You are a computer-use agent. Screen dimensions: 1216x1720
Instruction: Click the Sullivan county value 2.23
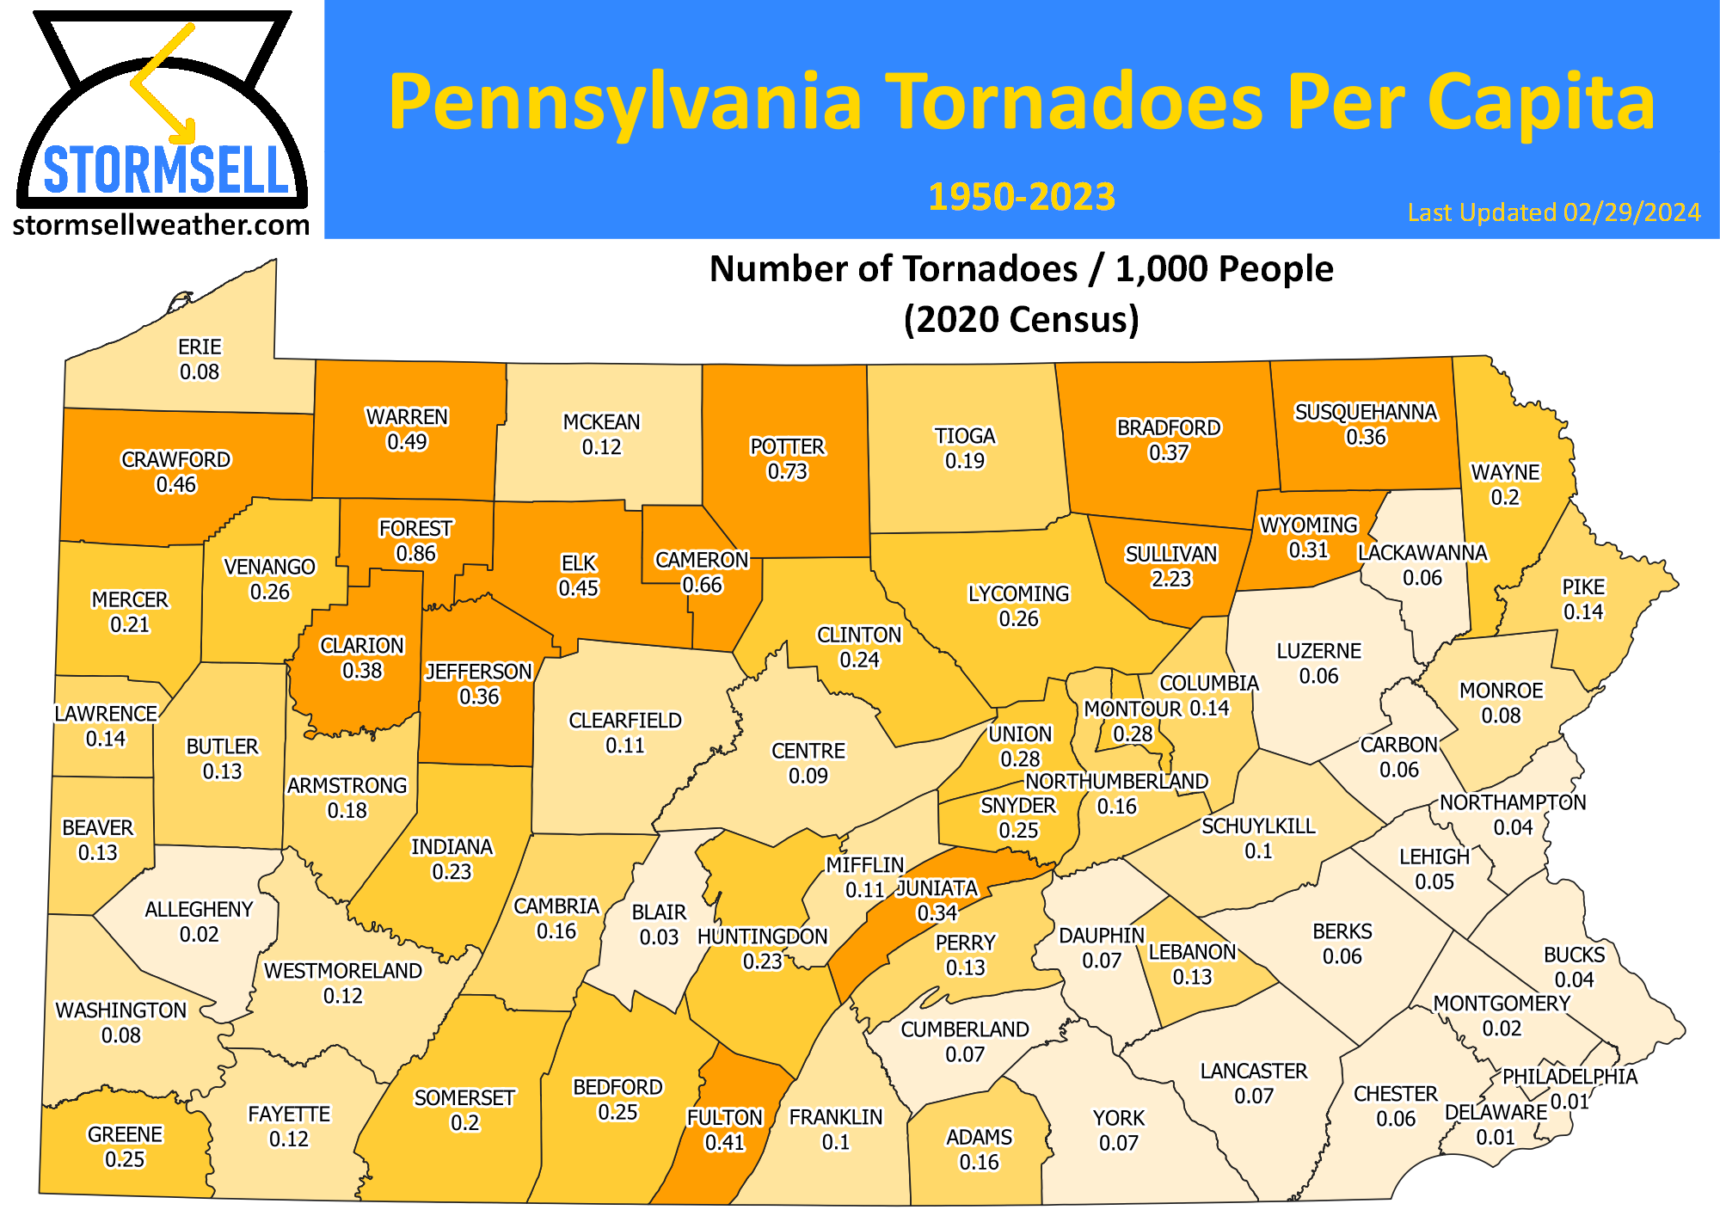point(1171,579)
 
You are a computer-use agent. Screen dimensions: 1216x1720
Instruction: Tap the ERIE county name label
point(200,347)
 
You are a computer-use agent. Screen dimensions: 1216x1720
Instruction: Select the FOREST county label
point(415,528)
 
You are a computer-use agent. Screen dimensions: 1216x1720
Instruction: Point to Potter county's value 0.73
point(787,471)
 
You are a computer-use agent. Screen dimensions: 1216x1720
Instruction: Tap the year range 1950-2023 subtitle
point(1021,197)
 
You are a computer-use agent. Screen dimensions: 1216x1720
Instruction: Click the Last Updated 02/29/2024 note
point(1553,212)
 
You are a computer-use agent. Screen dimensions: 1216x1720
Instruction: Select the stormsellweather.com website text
point(161,225)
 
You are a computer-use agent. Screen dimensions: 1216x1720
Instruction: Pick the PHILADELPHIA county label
point(1569,1077)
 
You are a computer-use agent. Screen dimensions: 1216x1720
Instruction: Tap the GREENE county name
point(125,1134)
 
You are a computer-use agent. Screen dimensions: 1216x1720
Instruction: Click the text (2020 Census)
point(1021,320)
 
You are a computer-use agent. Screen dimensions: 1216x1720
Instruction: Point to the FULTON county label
point(724,1117)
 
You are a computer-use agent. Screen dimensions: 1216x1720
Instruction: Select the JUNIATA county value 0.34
point(937,912)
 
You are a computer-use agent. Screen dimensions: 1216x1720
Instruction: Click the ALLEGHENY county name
point(199,909)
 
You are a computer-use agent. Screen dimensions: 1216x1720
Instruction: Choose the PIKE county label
point(1583,587)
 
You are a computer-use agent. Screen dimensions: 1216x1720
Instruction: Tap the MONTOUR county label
point(1132,709)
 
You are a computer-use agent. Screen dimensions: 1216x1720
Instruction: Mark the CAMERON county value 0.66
point(702,585)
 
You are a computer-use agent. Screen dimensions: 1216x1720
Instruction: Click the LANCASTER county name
point(1253,1071)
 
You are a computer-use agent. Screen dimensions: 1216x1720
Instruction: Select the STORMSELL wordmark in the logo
point(165,170)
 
